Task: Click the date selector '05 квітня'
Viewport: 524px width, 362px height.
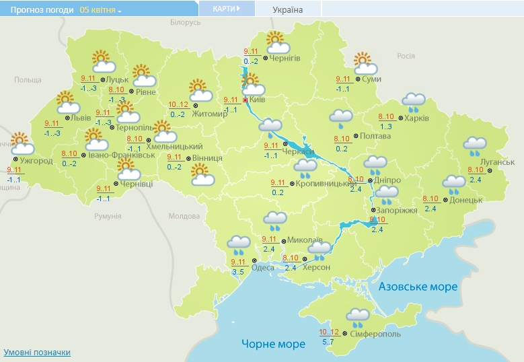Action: pyautogui.click(x=100, y=10)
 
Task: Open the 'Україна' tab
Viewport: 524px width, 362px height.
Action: pyautogui.click(x=288, y=9)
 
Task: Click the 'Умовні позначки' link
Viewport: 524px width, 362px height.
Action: pyautogui.click(x=37, y=352)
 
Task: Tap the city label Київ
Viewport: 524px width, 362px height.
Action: pyautogui.click(x=258, y=100)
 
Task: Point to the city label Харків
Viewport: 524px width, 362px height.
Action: pyautogui.click(x=417, y=118)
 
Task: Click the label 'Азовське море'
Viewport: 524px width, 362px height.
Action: pyautogui.click(x=418, y=287)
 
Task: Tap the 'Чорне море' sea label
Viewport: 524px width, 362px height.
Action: pyautogui.click(x=273, y=344)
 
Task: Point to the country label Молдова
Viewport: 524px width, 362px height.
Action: pyautogui.click(x=184, y=216)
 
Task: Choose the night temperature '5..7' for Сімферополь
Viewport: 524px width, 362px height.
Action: pyautogui.click(x=328, y=342)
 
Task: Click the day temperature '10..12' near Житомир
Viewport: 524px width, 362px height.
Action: pyautogui.click(x=178, y=104)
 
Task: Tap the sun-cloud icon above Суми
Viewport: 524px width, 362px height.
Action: pyautogui.click(x=365, y=63)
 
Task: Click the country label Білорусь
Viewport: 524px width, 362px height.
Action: pyautogui.click(x=186, y=22)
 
